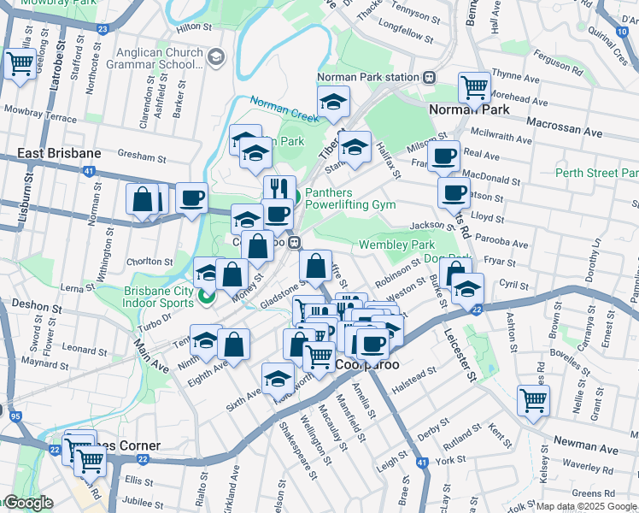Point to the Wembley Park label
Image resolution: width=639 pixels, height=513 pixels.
tap(396, 245)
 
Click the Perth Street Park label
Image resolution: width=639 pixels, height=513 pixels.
tap(597, 172)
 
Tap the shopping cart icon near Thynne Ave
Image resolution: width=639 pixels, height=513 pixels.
tap(473, 86)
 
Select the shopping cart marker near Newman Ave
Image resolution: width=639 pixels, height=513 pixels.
tap(533, 399)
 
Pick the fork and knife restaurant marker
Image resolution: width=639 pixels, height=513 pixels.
tap(279, 188)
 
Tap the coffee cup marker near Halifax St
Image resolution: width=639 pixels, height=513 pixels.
tap(443, 156)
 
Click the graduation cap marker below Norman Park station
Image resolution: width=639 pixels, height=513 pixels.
tap(333, 101)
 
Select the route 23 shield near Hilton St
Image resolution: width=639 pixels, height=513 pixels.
tap(103, 29)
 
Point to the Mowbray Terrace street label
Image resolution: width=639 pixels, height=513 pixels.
tap(40, 109)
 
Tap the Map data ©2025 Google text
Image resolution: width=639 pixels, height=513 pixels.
tap(586, 506)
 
